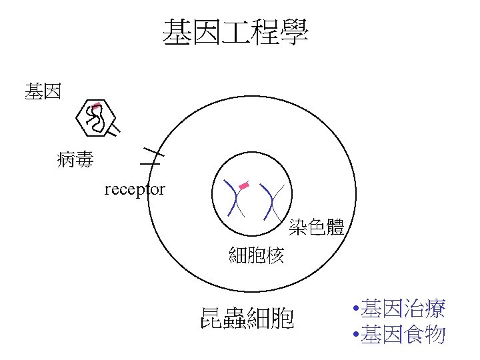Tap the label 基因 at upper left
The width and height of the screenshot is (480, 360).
(43, 91)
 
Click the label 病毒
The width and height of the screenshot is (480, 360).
(75, 160)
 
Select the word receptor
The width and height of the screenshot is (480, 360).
(135, 189)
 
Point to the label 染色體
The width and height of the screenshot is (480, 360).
(317, 227)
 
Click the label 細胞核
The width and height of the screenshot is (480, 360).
(257, 255)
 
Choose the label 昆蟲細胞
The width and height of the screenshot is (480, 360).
(247, 319)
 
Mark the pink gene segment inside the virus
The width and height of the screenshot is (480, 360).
(97, 106)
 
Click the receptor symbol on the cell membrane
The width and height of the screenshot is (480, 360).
(151, 156)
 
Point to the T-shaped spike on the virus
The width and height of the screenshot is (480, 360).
(114, 129)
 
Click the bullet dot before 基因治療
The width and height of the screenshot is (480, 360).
(358, 309)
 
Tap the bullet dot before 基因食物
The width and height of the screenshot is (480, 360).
(358, 335)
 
